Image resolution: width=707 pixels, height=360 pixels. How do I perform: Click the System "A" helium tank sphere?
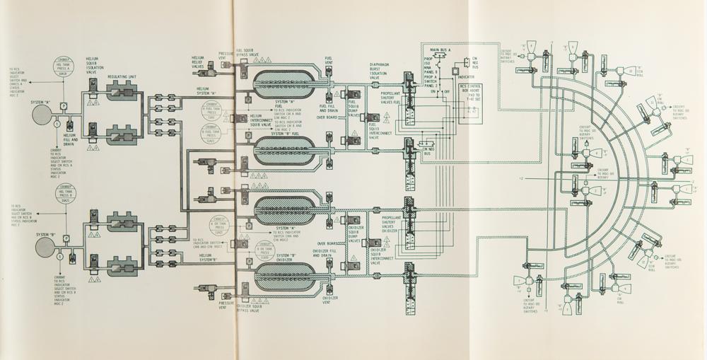41,112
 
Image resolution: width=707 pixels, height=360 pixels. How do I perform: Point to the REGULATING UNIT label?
122,75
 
